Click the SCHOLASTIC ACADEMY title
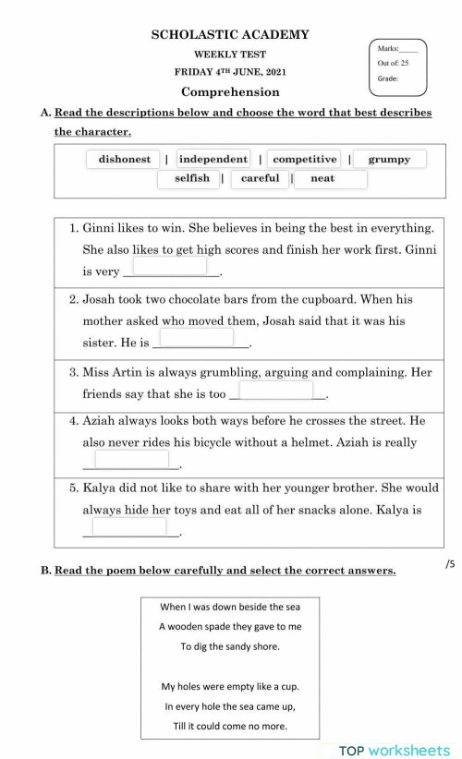click(x=230, y=35)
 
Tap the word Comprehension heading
click(x=230, y=92)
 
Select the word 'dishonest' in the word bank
click(x=125, y=159)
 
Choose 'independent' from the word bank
click(x=213, y=159)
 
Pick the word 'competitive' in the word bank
click(x=305, y=159)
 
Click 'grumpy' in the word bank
click(x=389, y=159)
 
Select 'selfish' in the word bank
click(x=192, y=178)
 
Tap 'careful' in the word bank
click(x=260, y=178)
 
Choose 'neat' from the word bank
click(x=322, y=178)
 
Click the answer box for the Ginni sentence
click(x=170, y=266)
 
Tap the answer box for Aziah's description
click(x=131, y=459)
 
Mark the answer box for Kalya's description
click(x=129, y=526)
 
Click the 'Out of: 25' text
click(x=394, y=63)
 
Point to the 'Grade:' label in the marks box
click(x=388, y=79)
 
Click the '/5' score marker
click(x=450, y=563)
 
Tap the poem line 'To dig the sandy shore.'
click(x=230, y=646)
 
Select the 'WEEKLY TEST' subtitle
click(x=230, y=54)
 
